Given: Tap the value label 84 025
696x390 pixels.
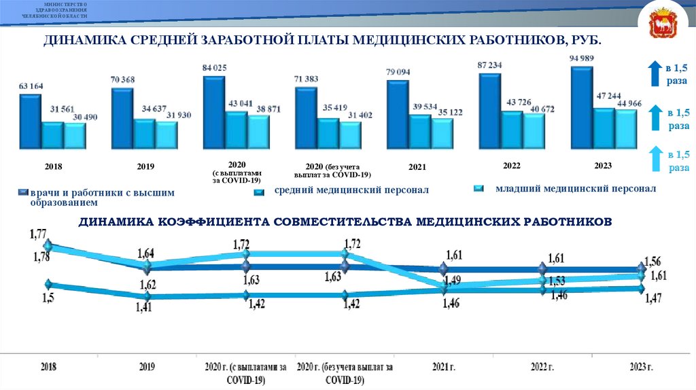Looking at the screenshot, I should (x=215, y=68).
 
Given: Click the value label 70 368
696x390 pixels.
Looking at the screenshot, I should (x=122, y=79).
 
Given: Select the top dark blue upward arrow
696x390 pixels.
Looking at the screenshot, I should (x=655, y=73).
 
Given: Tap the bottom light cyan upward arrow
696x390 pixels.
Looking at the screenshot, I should (x=655, y=159).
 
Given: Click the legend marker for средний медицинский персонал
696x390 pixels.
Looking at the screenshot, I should (x=259, y=192).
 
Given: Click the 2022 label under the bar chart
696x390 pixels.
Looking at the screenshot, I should (x=512, y=166).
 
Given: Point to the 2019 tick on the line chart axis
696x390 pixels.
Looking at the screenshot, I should (x=147, y=367).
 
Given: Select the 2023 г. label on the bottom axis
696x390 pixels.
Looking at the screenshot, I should (x=640, y=367).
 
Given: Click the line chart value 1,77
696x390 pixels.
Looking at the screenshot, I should (x=37, y=234).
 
